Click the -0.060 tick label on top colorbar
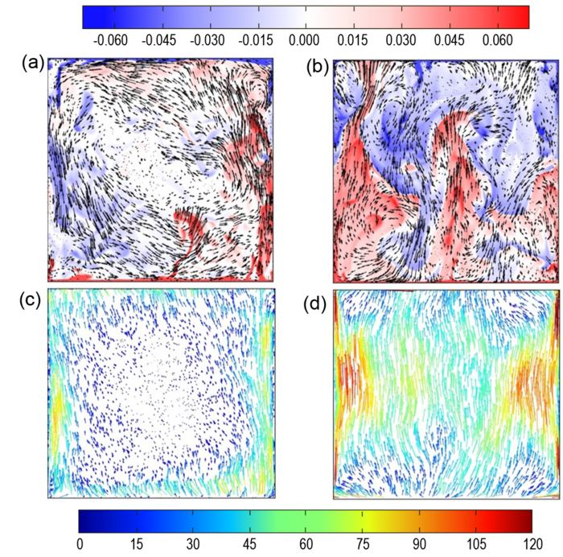113,39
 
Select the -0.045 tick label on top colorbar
161,39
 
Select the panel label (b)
313,67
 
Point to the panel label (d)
312,307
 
